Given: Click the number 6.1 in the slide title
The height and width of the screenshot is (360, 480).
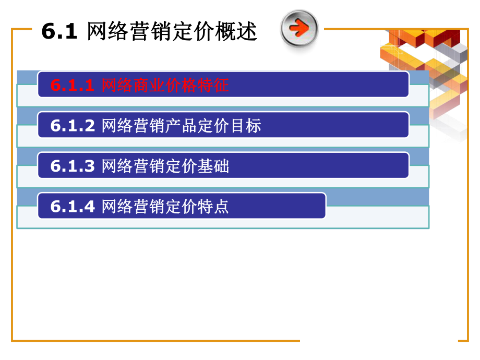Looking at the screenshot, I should [x=59, y=32].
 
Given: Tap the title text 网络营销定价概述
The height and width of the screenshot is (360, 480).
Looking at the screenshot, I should [x=172, y=32].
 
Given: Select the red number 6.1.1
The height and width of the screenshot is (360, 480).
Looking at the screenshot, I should [x=73, y=86].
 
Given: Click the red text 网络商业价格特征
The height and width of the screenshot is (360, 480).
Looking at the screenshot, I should [x=165, y=86].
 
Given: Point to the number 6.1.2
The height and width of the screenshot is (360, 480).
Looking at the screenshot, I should [x=73, y=126].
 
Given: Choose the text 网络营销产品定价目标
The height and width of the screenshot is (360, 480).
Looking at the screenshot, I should [x=181, y=126].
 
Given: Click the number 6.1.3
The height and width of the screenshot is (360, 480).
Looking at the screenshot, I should [x=73, y=166].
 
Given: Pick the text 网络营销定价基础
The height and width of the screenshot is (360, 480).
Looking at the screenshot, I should [x=165, y=166].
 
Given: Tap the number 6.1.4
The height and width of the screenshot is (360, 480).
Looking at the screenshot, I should [x=73, y=207].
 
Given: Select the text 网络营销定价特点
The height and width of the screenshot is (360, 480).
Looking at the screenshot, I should [x=165, y=207].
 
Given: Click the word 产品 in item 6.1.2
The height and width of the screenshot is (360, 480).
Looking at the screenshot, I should [x=181, y=126].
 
